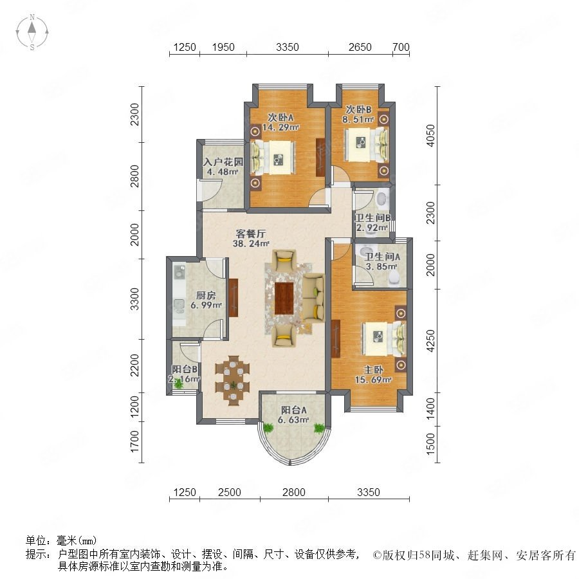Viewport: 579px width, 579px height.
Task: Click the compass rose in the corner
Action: coord(32,32)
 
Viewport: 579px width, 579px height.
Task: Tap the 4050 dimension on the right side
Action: coord(430,136)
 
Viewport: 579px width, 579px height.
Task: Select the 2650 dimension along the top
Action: coord(360,47)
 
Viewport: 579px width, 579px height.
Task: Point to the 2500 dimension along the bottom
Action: coord(229,492)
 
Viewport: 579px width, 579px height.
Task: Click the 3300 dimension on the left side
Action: coord(135,299)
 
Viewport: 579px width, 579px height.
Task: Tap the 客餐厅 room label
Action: coord(251,234)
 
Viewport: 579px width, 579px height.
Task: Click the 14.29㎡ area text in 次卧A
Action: coord(280,127)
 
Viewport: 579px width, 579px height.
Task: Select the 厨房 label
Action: coord(206,295)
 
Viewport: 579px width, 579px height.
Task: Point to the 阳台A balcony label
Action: coord(293,410)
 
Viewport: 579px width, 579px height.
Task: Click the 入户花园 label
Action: coord(223,162)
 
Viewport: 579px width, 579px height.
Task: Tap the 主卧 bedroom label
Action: coord(373,370)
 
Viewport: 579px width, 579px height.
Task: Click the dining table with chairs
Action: coord(233,380)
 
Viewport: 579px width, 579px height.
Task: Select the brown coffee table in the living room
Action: coord(284,299)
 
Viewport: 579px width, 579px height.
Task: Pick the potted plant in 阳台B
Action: coord(179,383)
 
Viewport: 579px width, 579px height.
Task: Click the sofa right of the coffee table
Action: coord(313,298)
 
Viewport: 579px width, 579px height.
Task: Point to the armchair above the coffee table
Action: coord(284,261)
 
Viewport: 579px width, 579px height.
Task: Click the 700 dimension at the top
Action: coord(401,47)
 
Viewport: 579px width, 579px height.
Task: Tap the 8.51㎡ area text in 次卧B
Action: coord(358,119)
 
